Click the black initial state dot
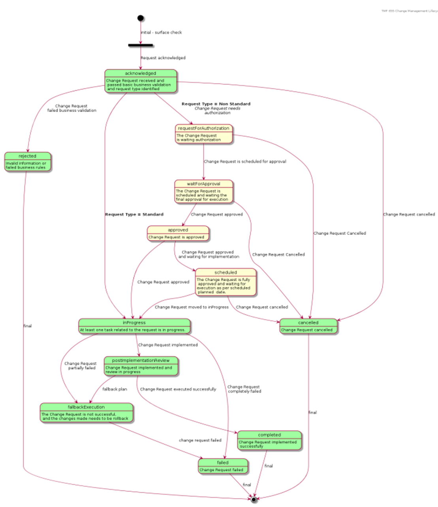(x=140, y=18)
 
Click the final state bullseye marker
(x=254, y=499)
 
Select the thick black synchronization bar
(x=140, y=45)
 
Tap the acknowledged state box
(x=140, y=81)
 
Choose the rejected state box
(x=28, y=161)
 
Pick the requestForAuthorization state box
(x=204, y=134)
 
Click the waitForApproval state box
(x=204, y=192)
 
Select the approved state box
(x=178, y=233)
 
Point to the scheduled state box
(x=226, y=282)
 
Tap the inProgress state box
(x=134, y=326)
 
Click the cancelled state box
(x=308, y=326)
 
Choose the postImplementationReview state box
(x=141, y=366)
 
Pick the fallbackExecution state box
(x=86, y=413)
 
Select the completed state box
(x=269, y=440)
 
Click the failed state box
(x=223, y=466)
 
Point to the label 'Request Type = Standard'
(x=134, y=214)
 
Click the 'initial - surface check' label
(x=162, y=32)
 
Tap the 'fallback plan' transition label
(x=115, y=389)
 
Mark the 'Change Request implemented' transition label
(x=168, y=345)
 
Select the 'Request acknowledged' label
(x=163, y=58)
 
